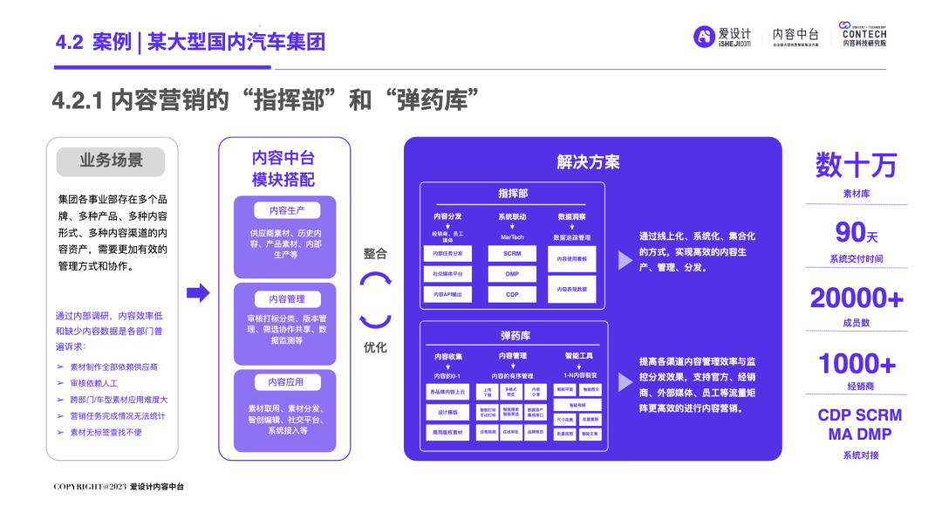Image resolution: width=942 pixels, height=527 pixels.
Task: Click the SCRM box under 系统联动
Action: click(512, 253)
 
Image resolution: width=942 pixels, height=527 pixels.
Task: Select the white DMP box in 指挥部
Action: click(512, 274)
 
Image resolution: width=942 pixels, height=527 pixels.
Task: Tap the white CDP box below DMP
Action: click(512, 295)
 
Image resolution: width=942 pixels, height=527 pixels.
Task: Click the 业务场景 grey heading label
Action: click(112, 161)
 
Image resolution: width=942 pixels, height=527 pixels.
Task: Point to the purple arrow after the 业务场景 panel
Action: click(199, 293)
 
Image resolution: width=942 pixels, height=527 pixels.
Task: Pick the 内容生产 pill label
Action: click(287, 210)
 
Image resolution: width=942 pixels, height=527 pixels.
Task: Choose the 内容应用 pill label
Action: click(287, 382)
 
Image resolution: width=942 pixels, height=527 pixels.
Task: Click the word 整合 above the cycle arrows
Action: click(375, 253)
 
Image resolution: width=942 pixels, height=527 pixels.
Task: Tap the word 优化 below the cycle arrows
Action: click(375, 347)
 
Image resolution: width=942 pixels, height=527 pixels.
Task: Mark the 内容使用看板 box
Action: click(572, 259)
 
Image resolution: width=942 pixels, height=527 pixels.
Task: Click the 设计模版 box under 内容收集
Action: click(447, 412)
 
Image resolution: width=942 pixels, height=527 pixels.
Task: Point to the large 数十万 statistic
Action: click(856, 164)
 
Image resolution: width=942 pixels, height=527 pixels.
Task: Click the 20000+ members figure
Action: click(856, 298)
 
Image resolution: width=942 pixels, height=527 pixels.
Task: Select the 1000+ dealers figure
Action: click(856, 363)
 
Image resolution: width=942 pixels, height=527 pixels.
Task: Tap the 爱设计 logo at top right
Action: click(722, 36)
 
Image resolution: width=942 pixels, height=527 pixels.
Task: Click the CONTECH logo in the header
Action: click(863, 35)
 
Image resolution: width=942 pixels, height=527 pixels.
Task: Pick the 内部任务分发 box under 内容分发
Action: click(447, 253)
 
